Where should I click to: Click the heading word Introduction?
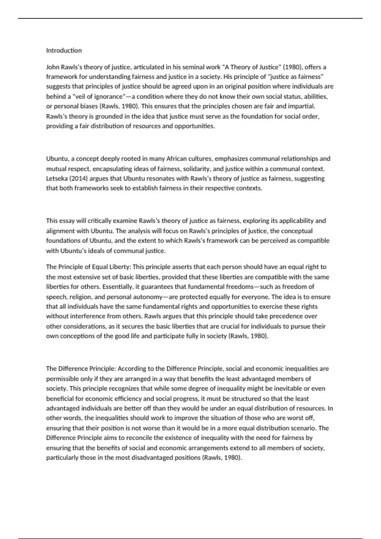[x=64, y=50]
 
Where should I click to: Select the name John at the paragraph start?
[x=52, y=67]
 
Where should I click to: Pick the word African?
[x=179, y=159]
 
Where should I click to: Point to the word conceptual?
[x=297, y=231]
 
